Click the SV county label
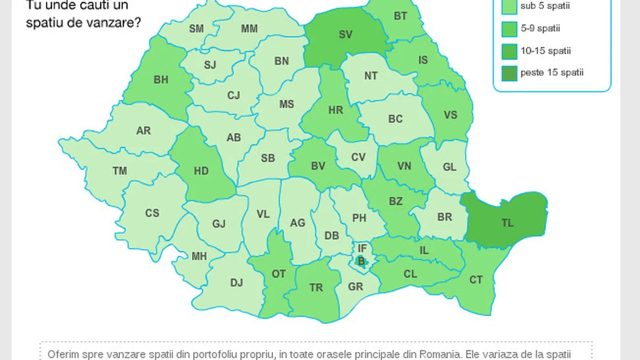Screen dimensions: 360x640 click(x=346, y=34)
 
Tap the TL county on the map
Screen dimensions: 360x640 click(x=507, y=223)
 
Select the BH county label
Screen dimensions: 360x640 click(x=161, y=80)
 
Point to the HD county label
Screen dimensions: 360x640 click(x=201, y=171)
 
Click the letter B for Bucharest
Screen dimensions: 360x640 click(x=361, y=261)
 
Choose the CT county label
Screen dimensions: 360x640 click(x=476, y=280)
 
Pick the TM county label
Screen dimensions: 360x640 click(x=120, y=171)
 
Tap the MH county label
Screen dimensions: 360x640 click(x=199, y=256)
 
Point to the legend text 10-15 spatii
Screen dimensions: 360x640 click(x=546, y=51)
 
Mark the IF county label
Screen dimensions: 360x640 click(x=362, y=248)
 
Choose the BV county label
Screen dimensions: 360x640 click(x=318, y=166)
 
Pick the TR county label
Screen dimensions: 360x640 click(x=316, y=287)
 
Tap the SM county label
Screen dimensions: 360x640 click(x=196, y=29)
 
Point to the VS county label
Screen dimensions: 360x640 click(x=451, y=115)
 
